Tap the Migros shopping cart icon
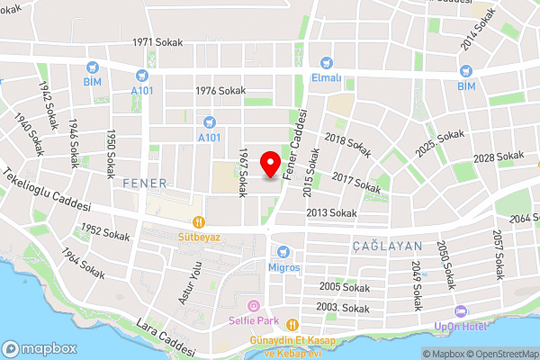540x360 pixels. [283, 251]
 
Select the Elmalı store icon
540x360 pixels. [327, 63]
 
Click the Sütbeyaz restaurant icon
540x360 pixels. [197, 222]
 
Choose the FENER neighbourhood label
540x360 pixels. [144, 183]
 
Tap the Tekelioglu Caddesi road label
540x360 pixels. [47, 190]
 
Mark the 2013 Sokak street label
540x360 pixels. [331, 212]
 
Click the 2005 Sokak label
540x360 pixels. [345, 286]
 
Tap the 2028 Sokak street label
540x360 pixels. [498, 157]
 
